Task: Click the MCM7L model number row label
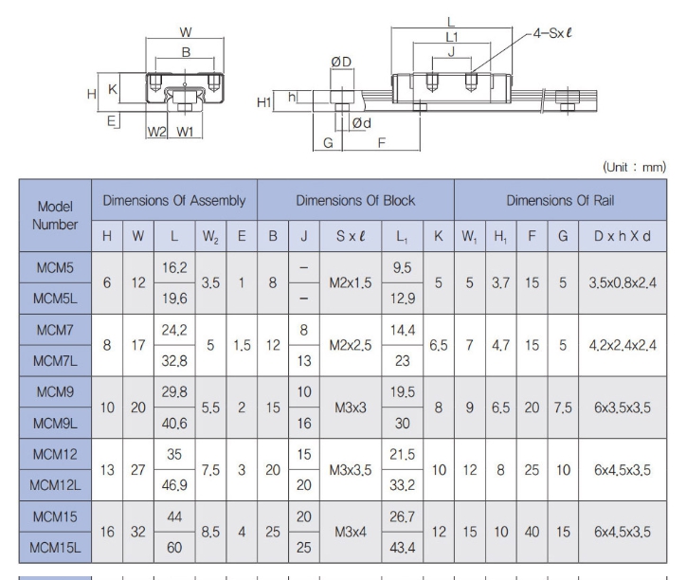tap(55, 361)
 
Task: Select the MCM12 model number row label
tap(55, 454)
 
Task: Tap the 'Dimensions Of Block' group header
tap(355, 201)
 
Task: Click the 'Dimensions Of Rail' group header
tap(560, 201)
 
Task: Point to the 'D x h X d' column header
tap(623, 236)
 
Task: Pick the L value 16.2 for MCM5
tap(174, 267)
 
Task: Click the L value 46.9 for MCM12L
tap(174, 485)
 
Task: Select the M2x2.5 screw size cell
tap(351, 345)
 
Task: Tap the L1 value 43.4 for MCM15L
tap(402, 547)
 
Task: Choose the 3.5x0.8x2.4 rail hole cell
tap(623, 282)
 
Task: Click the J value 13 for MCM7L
tap(303, 361)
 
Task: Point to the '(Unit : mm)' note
tap(634, 167)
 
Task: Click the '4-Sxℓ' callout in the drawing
tap(552, 33)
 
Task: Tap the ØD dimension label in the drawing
tap(341, 62)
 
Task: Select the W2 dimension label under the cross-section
tap(156, 132)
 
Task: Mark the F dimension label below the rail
tap(382, 143)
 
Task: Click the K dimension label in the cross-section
tap(113, 89)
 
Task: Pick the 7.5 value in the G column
tap(563, 408)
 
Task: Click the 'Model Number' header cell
tap(55, 215)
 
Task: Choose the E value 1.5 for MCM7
tap(242, 345)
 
